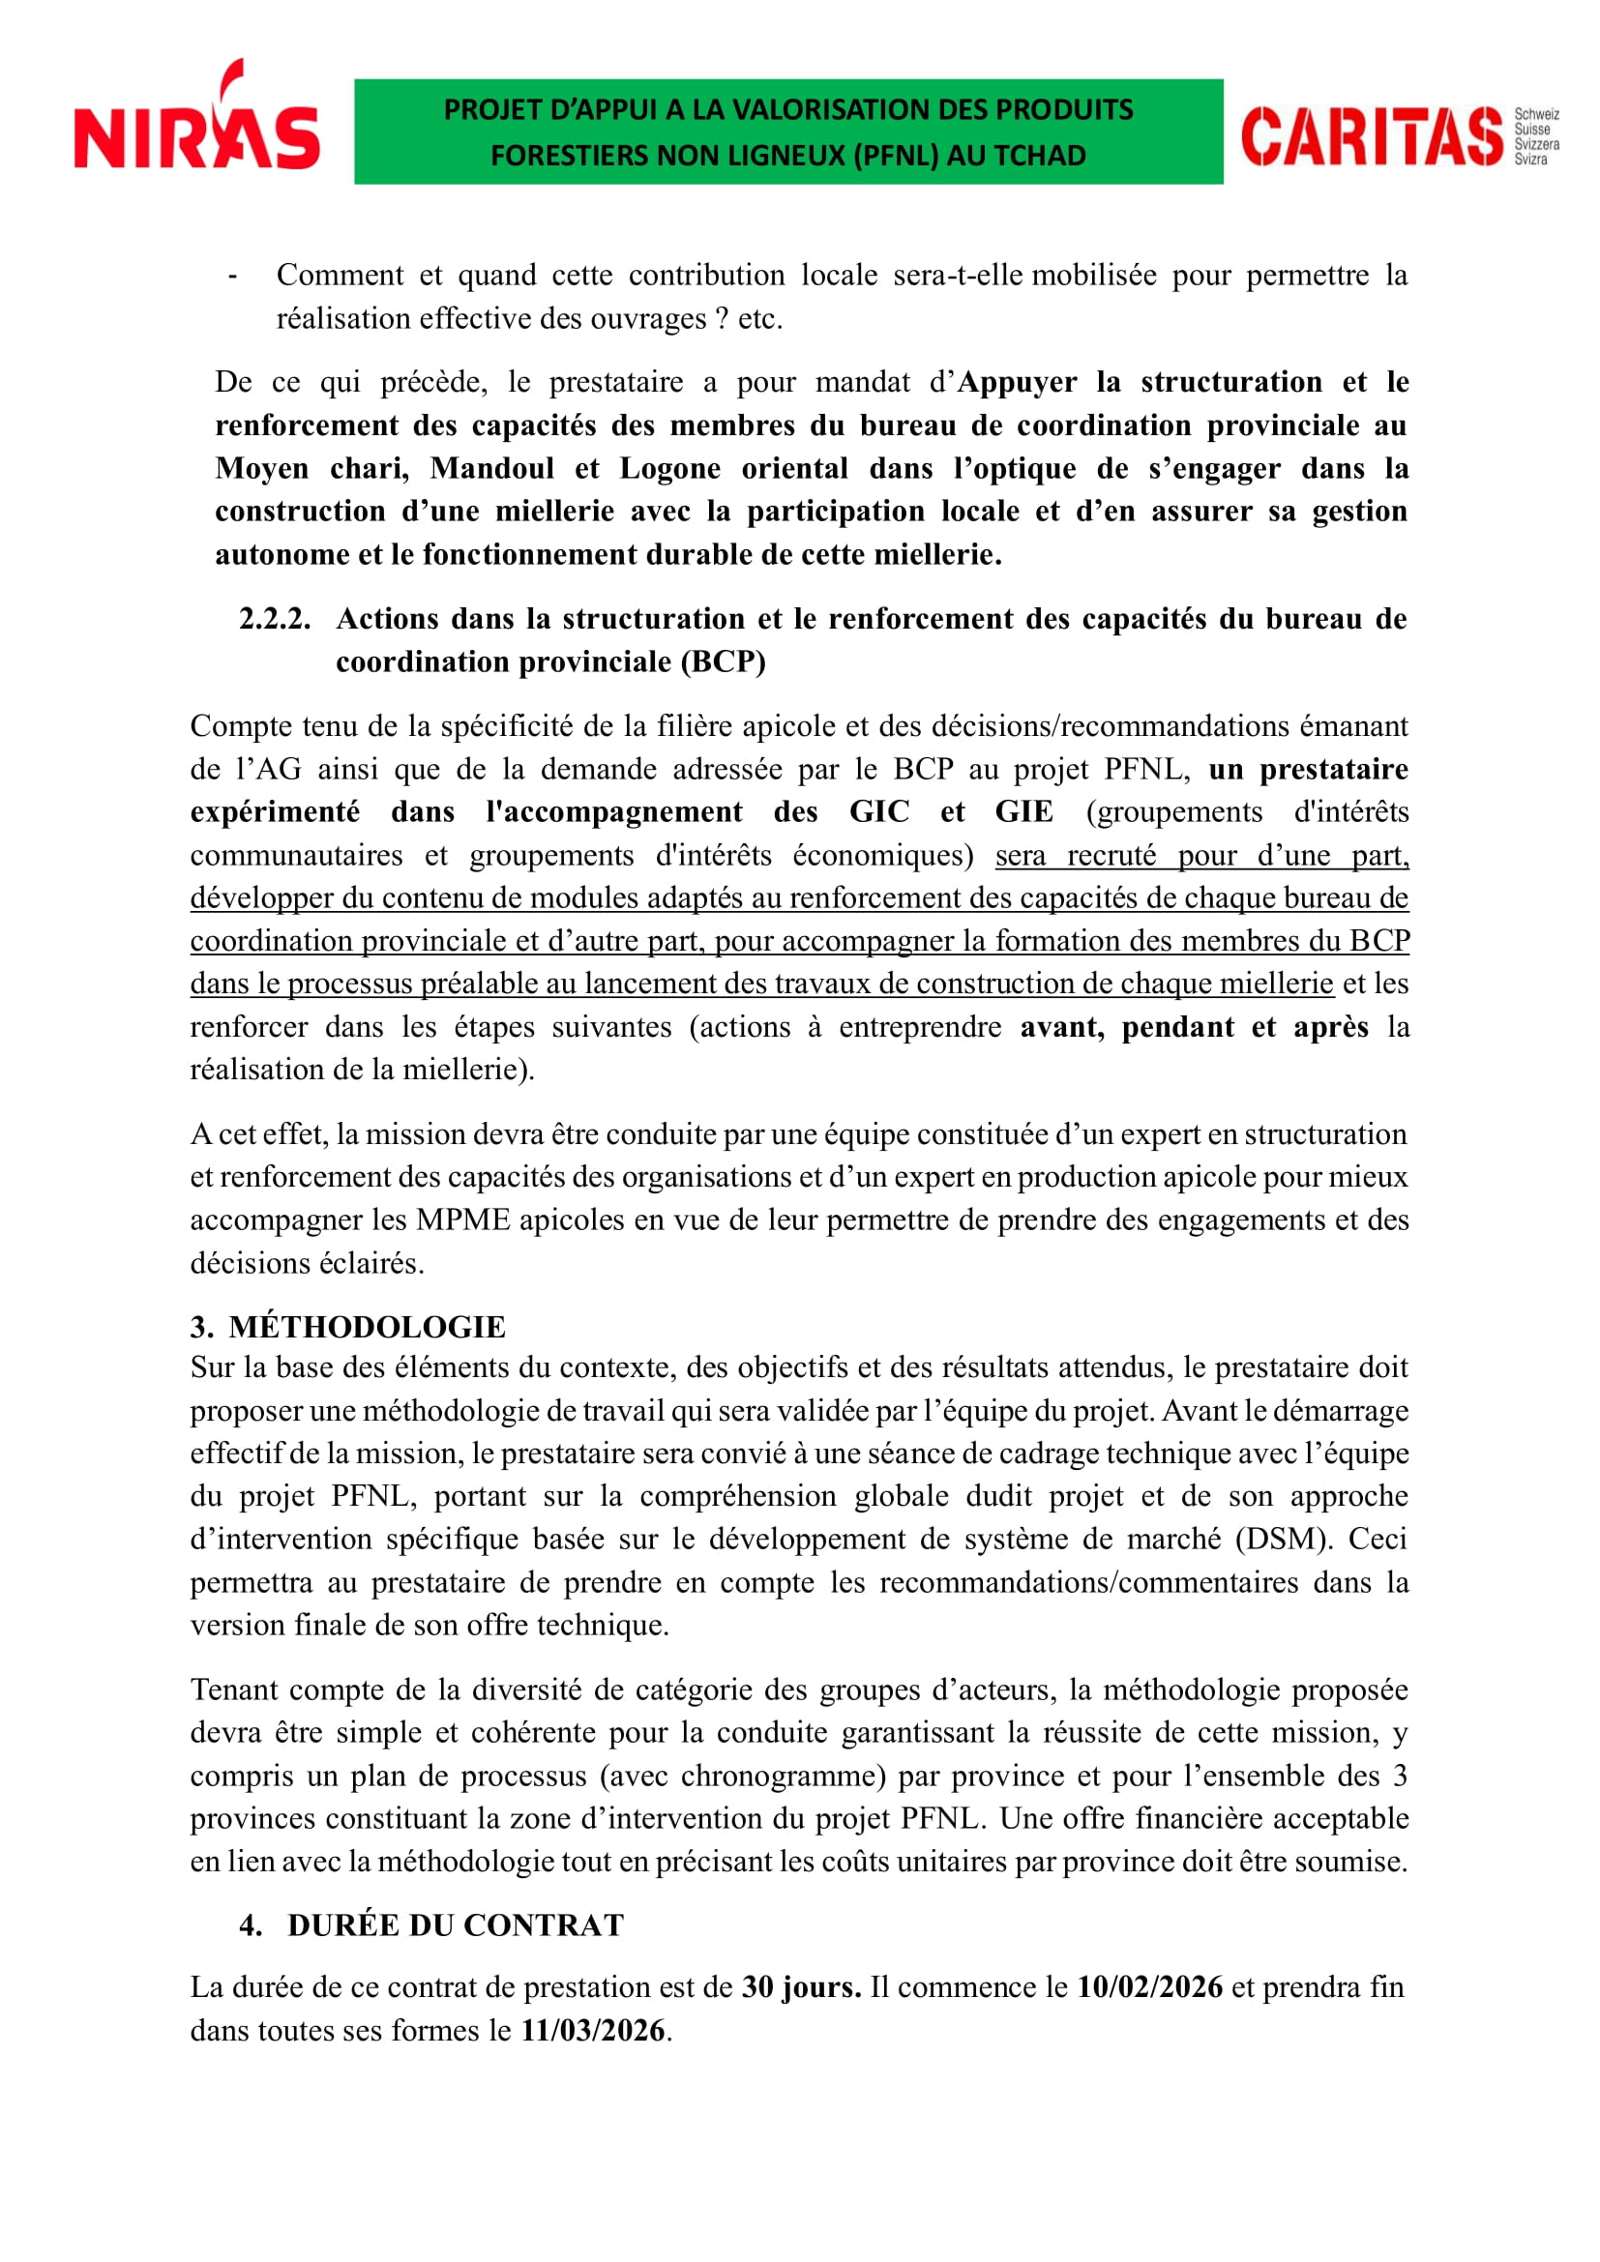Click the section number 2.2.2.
(x=274, y=619)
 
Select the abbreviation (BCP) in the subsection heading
(x=724, y=662)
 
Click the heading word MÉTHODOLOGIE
(x=368, y=1327)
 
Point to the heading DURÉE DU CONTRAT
(x=456, y=1925)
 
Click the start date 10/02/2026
(x=1150, y=1987)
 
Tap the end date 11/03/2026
(x=592, y=2031)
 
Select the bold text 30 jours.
(x=801, y=1987)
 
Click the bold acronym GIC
(x=879, y=811)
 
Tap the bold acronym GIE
(x=1023, y=811)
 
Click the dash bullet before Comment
(x=231, y=276)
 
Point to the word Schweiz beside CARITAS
(x=1536, y=114)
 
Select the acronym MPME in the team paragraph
(x=462, y=1219)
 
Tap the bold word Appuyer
(x=1017, y=382)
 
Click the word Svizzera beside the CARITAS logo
(x=1536, y=144)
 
